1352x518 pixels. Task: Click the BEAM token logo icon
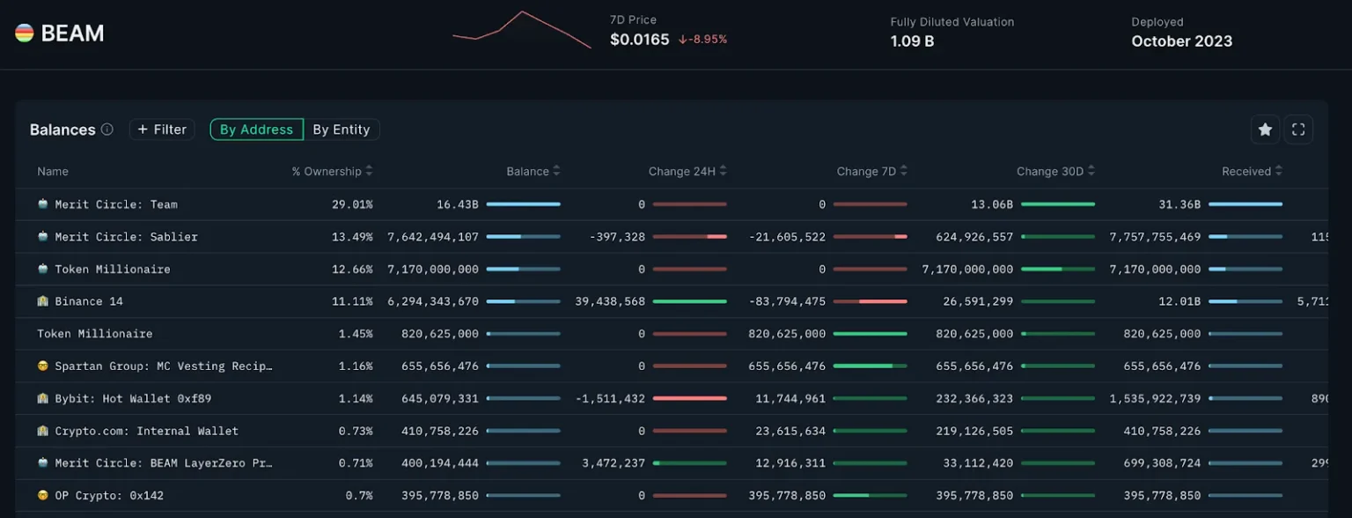[25, 33]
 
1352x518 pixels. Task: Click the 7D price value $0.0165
[639, 40]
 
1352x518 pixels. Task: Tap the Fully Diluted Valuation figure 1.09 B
[912, 41]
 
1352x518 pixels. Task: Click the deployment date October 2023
[1181, 41]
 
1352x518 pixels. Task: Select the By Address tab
[256, 129]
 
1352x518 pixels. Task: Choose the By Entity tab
[342, 129]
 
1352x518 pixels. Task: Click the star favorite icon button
[1265, 129]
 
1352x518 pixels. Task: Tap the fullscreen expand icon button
[1298, 129]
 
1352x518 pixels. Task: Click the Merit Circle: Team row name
[116, 204]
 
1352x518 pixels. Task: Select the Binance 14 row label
[89, 301]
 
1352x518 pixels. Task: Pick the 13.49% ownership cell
[352, 237]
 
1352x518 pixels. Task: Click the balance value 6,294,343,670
[433, 301]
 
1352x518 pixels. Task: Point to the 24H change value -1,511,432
[610, 398]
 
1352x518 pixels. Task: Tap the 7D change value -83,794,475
[788, 301]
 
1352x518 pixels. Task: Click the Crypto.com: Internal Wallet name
[146, 431]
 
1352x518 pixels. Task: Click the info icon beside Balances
[107, 129]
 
